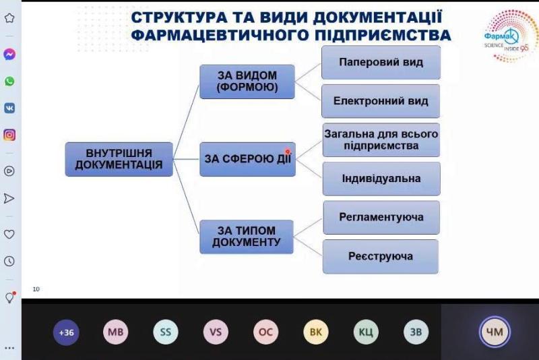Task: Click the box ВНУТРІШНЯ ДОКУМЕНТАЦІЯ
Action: (119, 159)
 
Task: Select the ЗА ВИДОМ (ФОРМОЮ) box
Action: (247, 82)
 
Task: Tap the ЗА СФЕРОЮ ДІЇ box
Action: (247, 159)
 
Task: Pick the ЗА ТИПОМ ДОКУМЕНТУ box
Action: (247, 237)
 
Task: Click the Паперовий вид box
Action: (381, 62)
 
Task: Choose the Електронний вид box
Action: (381, 101)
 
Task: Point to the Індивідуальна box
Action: (381, 179)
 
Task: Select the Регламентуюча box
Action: (381, 218)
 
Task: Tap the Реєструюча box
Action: (381, 256)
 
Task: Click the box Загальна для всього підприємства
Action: (381, 140)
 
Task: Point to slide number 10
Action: (36, 289)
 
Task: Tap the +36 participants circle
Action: (66, 332)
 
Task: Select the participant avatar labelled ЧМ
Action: (495, 332)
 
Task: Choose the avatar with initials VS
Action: (216, 332)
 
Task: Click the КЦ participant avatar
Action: (366, 332)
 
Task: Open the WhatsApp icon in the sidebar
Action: (9, 81)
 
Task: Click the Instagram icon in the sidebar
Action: (9, 135)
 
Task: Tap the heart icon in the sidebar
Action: (9, 234)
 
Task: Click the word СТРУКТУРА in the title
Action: (179, 18)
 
